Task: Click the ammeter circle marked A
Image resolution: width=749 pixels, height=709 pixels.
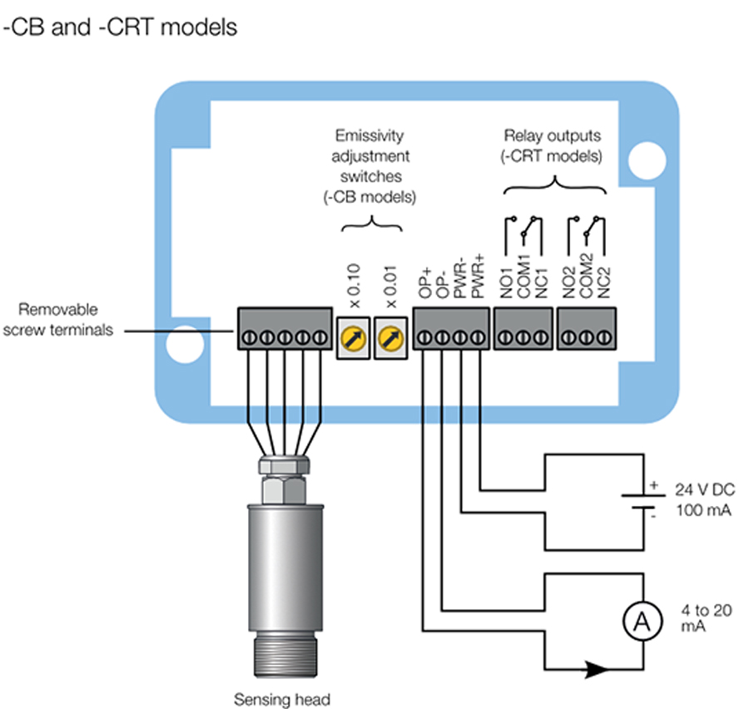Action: [x=637, y=620]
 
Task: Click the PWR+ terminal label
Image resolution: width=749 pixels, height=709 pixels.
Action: [x=478, y=277]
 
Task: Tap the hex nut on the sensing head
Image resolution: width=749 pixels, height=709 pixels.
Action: [x=283, y=481]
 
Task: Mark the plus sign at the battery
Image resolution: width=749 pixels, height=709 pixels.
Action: [x=653, y=483]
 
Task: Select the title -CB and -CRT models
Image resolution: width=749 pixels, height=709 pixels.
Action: [x=122, y=27]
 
